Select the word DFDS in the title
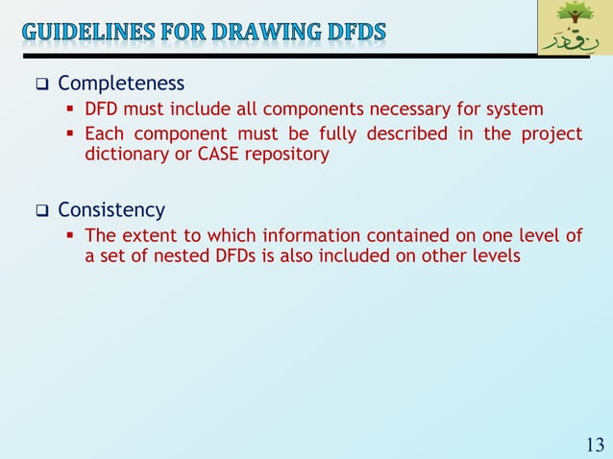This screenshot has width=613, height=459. [356, 32]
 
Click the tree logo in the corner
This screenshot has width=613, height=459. [574, 28]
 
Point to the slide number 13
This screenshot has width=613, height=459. [594, 444]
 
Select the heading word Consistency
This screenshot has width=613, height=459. [111, 209]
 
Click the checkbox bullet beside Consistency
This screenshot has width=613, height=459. [42, 210]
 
